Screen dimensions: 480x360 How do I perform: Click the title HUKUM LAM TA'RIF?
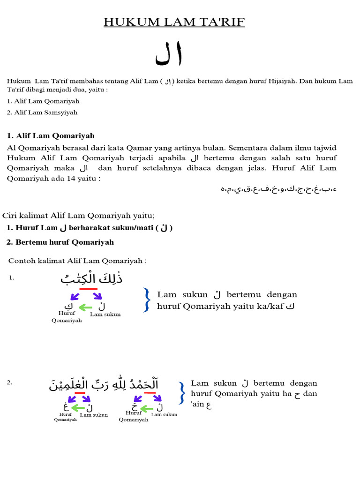174,22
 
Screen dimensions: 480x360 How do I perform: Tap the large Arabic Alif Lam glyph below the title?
169,55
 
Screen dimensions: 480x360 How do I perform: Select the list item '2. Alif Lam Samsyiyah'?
42,112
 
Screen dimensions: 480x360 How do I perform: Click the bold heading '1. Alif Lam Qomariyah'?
51,136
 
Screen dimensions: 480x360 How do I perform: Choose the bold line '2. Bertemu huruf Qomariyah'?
60,242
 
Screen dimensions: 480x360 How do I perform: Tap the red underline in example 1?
89,289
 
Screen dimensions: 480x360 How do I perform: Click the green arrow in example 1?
85,307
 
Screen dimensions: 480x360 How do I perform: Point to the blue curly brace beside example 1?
147,300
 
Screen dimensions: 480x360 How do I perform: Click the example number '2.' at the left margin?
10,383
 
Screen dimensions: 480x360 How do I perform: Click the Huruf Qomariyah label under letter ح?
134,416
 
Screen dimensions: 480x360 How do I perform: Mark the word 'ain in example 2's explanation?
198,405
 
